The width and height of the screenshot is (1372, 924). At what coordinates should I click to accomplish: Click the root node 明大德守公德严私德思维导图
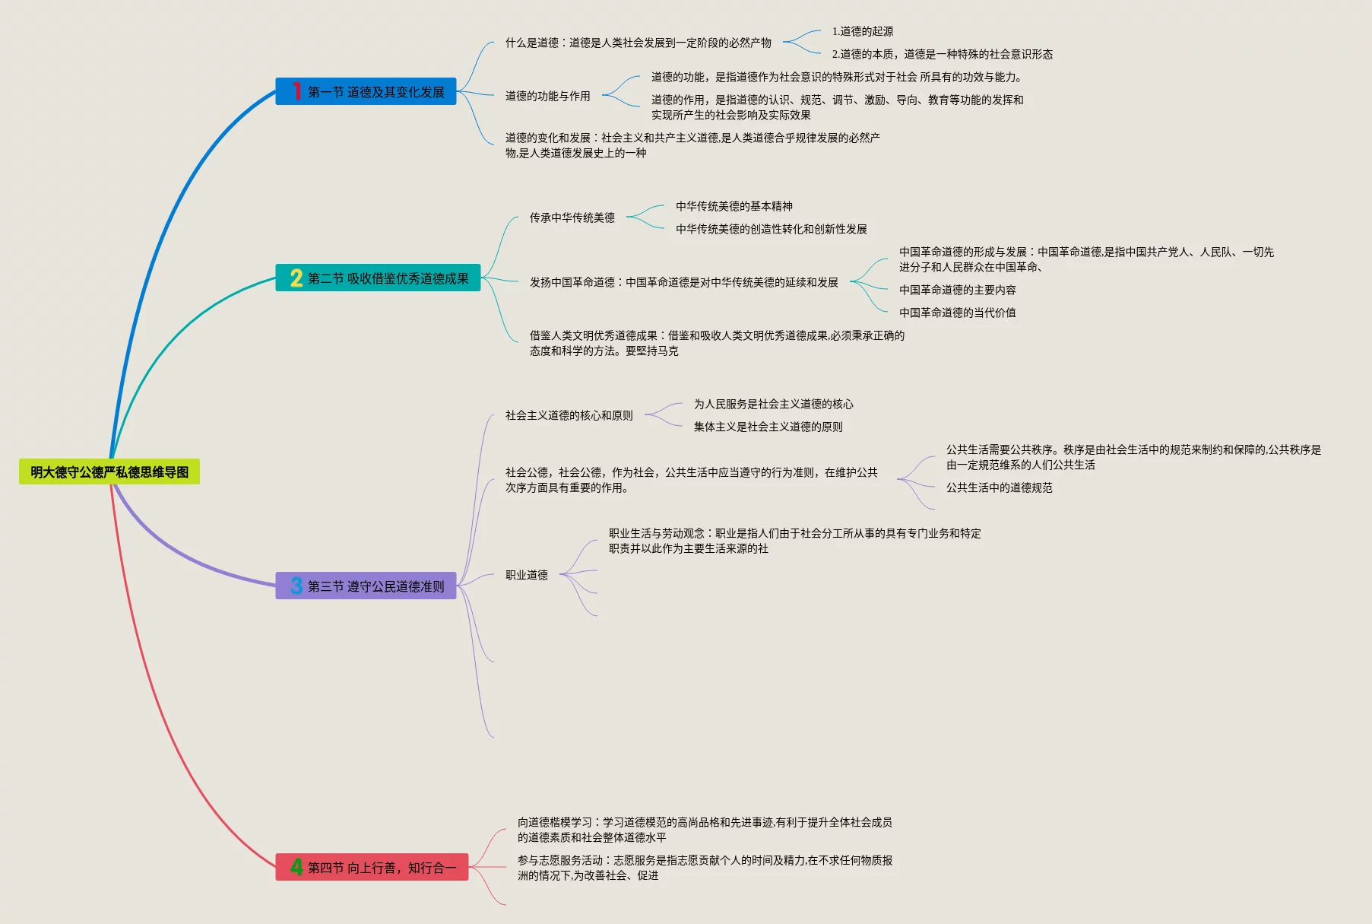pyautogui.click(x=109, y=472)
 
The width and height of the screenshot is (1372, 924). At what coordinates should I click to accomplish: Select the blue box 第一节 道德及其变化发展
pyautogui.click(x=366, y=92)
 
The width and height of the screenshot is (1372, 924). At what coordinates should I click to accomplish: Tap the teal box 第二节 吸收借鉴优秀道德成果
pyautogui.click(x=378, y=278)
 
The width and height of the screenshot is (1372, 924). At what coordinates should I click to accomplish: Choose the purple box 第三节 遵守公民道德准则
pyautogui.click(x=366, y=586)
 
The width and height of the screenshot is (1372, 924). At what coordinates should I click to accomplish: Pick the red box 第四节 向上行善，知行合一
pyautogui.click(x=372, y=868)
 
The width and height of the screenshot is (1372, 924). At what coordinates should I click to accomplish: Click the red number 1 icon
pyautogui.click(x=296, y=92)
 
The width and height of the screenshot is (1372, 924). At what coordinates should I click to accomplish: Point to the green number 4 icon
pyautogui.click(x=296, y=867)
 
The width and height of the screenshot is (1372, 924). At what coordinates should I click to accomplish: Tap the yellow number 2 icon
pyautogui.click(x=296, y=278)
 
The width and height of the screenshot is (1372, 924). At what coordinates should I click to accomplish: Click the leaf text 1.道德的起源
pyautogui.click(x=863, y=31)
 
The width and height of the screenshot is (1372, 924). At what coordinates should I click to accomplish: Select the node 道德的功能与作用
pyautogui.click(x=548, y=96)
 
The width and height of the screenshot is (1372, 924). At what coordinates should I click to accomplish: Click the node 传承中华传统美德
pyautogui.click(x=572, y=218)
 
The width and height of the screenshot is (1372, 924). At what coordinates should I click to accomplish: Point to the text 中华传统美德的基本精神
pyautogui.click(x=734, y=206)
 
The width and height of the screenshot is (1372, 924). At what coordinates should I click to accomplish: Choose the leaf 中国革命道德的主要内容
pyautogui.click(x=958, y=290)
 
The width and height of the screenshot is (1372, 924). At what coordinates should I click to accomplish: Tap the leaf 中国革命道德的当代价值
pyautogui.click(x=958, y=313)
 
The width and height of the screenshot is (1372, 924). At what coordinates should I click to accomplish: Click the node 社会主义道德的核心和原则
pyautogui.click(x=569, y=415)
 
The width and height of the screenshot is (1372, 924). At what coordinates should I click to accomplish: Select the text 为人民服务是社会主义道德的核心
pyautogui.click(x=774, y=404)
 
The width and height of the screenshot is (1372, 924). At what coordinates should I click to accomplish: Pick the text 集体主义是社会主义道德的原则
pyautogui.click(x=768, y=427)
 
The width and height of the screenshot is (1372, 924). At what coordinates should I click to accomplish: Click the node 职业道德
pyautogui.click(x=527, y=575)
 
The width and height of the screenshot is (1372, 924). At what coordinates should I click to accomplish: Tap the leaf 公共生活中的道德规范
pyautogui.click(x=1000, y=487)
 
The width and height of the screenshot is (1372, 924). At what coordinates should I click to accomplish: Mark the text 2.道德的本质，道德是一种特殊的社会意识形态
pyautogui.click(x=943, y=54)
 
